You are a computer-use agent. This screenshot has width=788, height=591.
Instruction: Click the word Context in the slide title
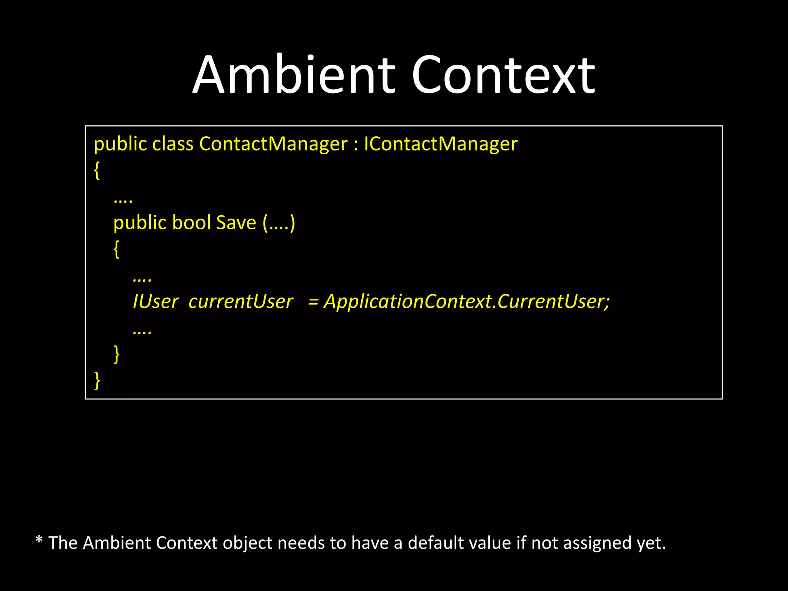click(503, 75)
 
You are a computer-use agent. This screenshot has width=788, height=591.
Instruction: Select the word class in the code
click(173, 144)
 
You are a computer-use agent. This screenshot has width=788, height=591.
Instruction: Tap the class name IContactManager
click(441, 144)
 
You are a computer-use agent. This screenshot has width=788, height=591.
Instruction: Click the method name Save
click(236, 223)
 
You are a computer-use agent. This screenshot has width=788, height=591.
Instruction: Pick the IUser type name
click(156, 301)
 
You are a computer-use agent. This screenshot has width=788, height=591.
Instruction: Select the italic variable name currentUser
click(241, 301)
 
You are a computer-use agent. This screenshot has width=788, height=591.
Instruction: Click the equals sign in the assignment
click(313, 301)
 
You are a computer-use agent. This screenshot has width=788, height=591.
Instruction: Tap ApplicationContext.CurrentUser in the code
click(467, 301)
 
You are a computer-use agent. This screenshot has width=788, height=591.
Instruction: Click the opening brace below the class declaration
click(97, 170)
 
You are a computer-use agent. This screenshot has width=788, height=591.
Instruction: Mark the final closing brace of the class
click(97, 381)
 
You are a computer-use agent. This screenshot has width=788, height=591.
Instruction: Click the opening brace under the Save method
click(116, 249)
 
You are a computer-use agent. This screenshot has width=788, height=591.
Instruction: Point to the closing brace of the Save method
click(117, 354)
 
